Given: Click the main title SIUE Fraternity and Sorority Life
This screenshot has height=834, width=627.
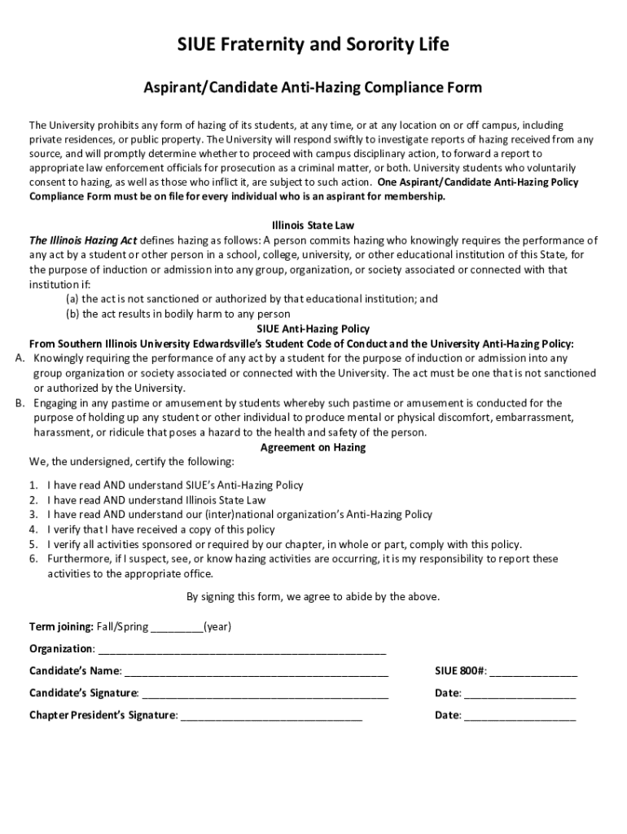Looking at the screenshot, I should pos(313,45).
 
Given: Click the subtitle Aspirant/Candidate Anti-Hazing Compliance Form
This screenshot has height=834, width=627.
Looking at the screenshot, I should pos(313,87).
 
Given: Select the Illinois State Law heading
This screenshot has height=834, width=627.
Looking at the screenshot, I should pos(313,226).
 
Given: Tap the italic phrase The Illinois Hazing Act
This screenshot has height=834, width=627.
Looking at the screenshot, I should pos(83,240).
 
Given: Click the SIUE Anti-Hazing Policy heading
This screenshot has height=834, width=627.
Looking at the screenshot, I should pos(313,329).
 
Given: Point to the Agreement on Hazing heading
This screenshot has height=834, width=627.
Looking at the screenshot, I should pos(313,447).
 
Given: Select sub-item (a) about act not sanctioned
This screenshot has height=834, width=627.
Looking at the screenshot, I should pos(252,299).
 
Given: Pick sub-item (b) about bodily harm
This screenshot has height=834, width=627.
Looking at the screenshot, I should pos(178,314).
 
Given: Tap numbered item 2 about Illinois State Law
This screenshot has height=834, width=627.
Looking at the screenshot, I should pos(156,500).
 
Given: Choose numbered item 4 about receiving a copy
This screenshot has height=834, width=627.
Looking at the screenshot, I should pos(161,529).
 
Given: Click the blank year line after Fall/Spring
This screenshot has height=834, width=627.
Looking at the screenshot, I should pos(177,628).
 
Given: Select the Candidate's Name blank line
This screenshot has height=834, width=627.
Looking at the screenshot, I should pos(256,672).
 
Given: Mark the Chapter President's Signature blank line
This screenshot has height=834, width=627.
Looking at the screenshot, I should pos(270,716).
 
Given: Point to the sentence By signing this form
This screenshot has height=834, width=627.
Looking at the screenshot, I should pos(313,596).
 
